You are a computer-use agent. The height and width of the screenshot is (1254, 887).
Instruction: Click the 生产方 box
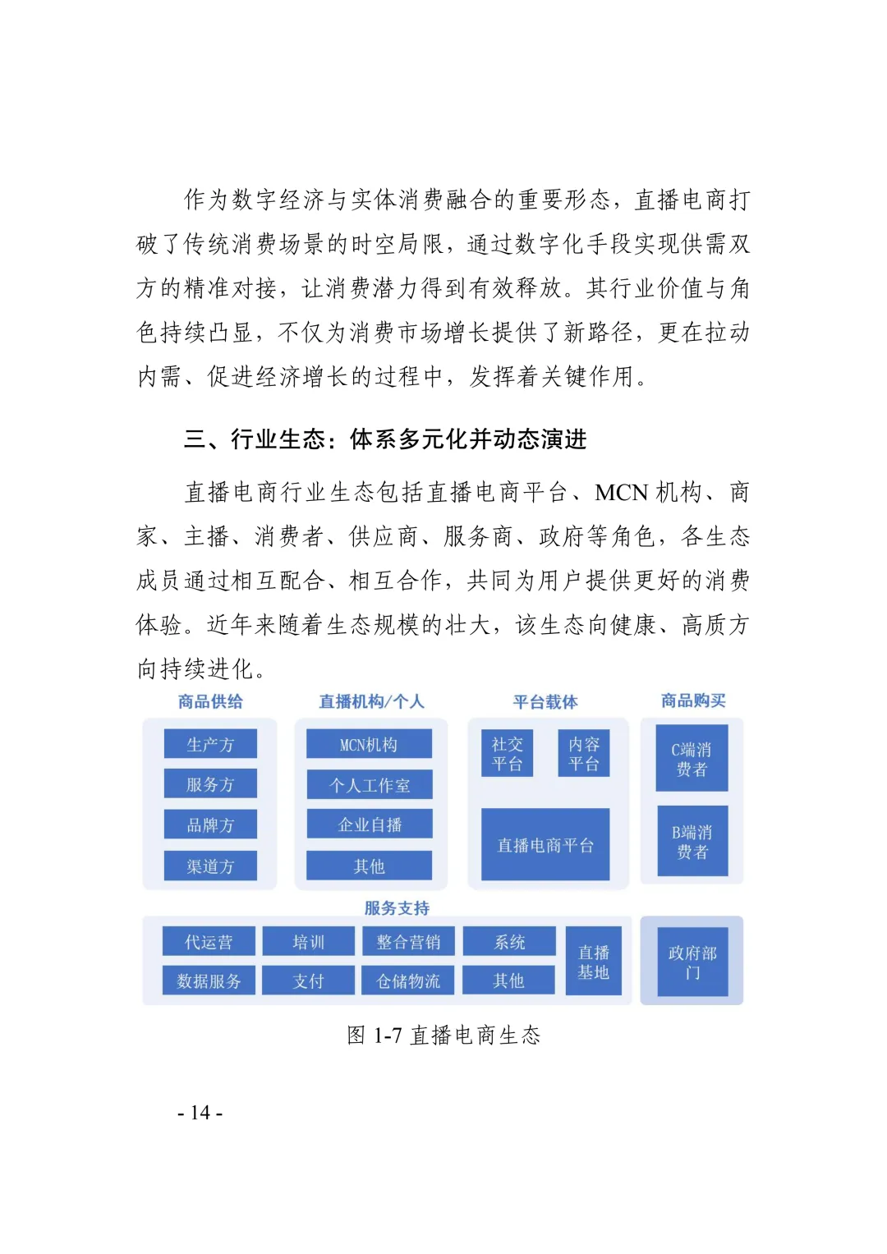click(x=210, y=744)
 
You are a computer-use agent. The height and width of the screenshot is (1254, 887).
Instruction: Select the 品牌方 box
click(x=210, y=825)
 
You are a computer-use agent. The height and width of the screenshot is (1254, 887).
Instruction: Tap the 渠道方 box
click(x=210, y=866)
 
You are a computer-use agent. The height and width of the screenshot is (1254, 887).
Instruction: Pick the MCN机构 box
click(x=369, y=744)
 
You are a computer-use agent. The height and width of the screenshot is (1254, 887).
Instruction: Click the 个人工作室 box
click(x=369, y=784)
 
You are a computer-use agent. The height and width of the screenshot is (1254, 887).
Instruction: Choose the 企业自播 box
click(x=369, y=825)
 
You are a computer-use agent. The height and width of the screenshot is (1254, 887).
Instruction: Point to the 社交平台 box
click(x=507, y=753)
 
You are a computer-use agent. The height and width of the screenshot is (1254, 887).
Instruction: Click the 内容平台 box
click(x=584, y=753)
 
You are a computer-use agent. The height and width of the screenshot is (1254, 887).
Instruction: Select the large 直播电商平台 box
click(x=545, y=844)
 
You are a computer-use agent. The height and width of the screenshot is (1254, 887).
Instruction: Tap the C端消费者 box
click(x=692, y=758)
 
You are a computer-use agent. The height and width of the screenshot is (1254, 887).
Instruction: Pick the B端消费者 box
click(x=692, y=841)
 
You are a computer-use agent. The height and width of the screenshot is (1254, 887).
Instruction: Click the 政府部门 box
click(x=692, y=962)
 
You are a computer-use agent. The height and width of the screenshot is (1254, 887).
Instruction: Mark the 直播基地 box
click(x=593, y=962)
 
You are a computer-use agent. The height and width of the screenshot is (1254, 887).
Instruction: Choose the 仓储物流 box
click(x=408, y=981)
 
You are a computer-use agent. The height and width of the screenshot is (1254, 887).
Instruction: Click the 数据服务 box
click(x=209, y=981)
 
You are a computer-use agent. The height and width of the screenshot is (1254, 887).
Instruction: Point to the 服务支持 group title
click(x=397, y=907)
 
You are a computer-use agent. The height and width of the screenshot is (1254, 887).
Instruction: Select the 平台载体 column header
click(x=545, y=701)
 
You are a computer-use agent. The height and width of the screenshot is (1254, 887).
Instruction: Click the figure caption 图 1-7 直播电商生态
click(x=443, y=1035)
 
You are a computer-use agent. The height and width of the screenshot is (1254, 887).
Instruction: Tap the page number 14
click(x=200, y=1113)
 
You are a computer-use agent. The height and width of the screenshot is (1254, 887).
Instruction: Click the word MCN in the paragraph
click(x=622, y=492)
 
